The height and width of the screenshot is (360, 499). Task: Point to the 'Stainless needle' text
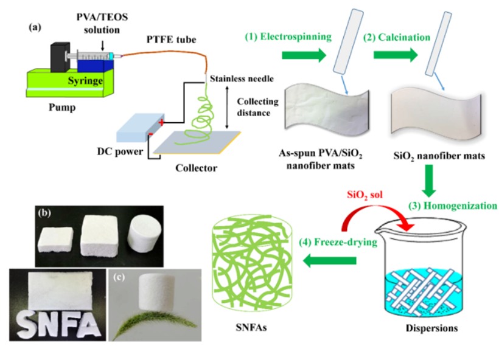[242, 79]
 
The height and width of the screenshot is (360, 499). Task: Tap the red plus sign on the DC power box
[161, 123]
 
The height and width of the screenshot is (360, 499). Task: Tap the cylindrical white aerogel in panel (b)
[143, 234]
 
